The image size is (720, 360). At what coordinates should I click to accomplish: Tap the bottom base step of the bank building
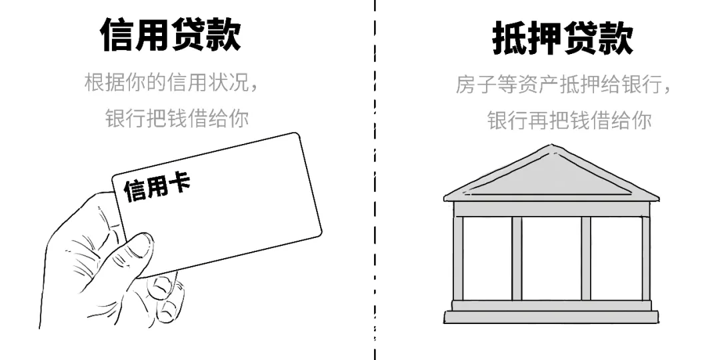547,317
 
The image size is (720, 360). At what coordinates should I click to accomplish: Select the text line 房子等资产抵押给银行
563,85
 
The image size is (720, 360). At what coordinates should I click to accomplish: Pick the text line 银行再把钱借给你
569,121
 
